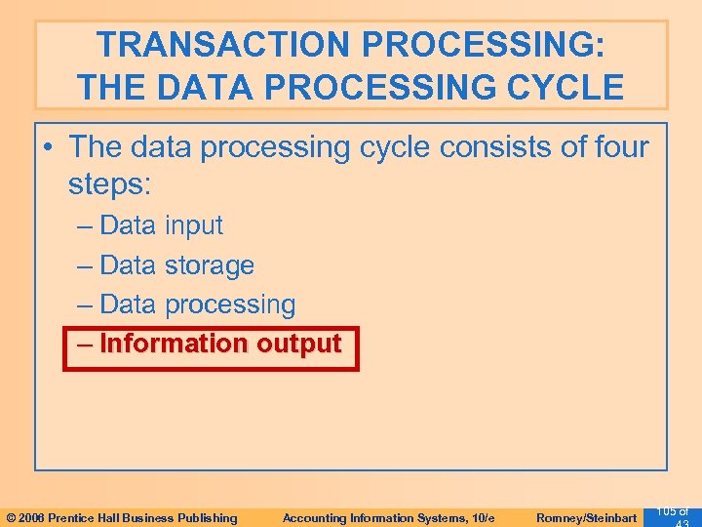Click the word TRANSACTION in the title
pyautogui.click(x=220, y=45)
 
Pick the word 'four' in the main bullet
pyautogui.click(x=615, y=147)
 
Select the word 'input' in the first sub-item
pyautogui.click(x=193, y=225)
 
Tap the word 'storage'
pyautogui.click(x=209, y=265)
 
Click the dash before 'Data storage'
pyautogui.click(x=84, y=265)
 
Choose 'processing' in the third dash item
pyautogui.click(x=229, y=304)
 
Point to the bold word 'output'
pyautogui.click(x=298, y=345)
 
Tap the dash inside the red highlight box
pyautogui.click(x=84, y=345)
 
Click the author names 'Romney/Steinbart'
pyautogui.click(x=587, y=518)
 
